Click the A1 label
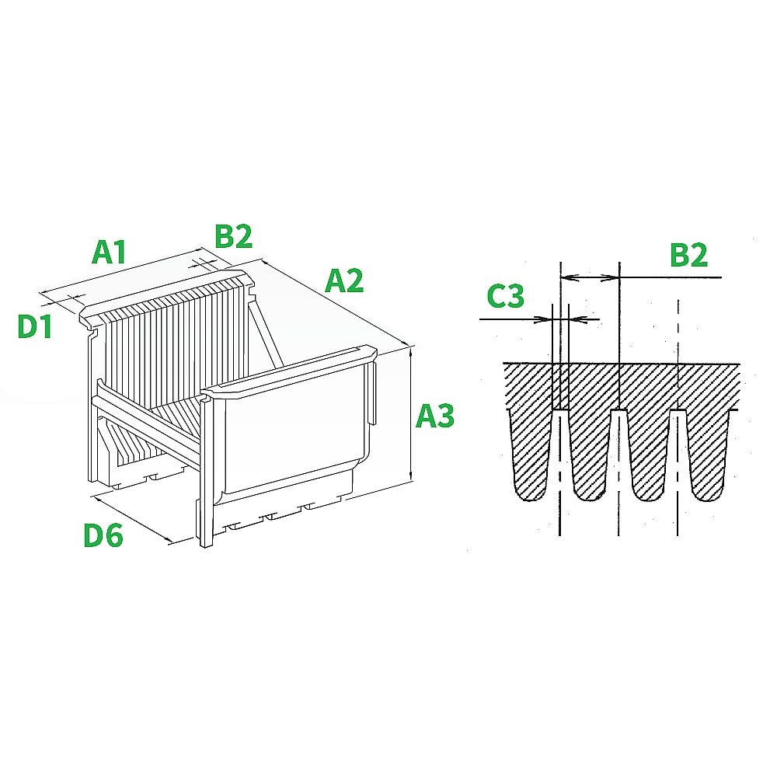pyautogui.click(x=109, y=253)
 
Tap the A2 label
pyautogui.click(x=344, y=280)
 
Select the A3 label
pyautogui.click(x=434, y=416)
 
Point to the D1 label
pyautogui.click(x=35, y=327)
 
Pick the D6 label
pyautogui.click(x=103, y=535)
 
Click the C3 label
pyautogui.click(x=506, y=297)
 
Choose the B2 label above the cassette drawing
pyautogui.click(x=234, y=237)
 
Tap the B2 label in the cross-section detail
pyautogui.click(x=689, y=256)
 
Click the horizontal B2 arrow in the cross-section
pyautogui.click(x=590, y=277)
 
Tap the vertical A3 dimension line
pyautogui.click(x=411, y=416)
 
